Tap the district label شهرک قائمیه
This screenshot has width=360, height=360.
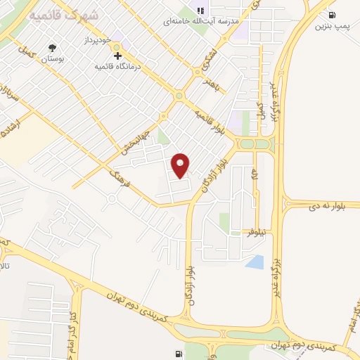(x=52, y=15)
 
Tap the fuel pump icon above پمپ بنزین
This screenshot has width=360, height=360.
(x=331, y=14)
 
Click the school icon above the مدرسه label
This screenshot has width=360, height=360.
(x=200, y=11)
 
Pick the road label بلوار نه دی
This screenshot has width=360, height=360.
(x=333, y=206)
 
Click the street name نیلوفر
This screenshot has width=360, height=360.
(x=259, y=231)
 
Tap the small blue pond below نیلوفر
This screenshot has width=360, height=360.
(x=255, y=262)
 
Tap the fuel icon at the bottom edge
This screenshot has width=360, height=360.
(x=177, y=354)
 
